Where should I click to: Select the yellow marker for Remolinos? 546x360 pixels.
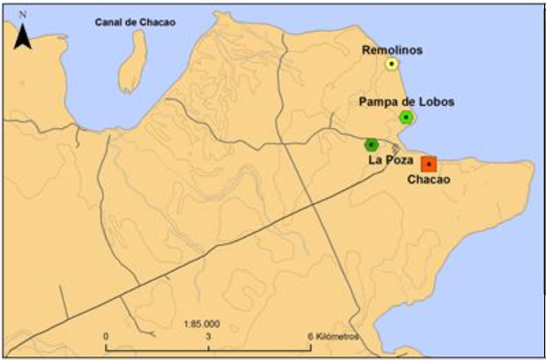click(391, 64)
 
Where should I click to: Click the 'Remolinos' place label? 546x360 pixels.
click(392, 49)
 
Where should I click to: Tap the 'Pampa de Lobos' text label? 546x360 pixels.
click(406, 101)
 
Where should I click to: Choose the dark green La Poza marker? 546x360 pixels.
click(371, 144)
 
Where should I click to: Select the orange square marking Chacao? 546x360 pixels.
click(429, 164)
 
